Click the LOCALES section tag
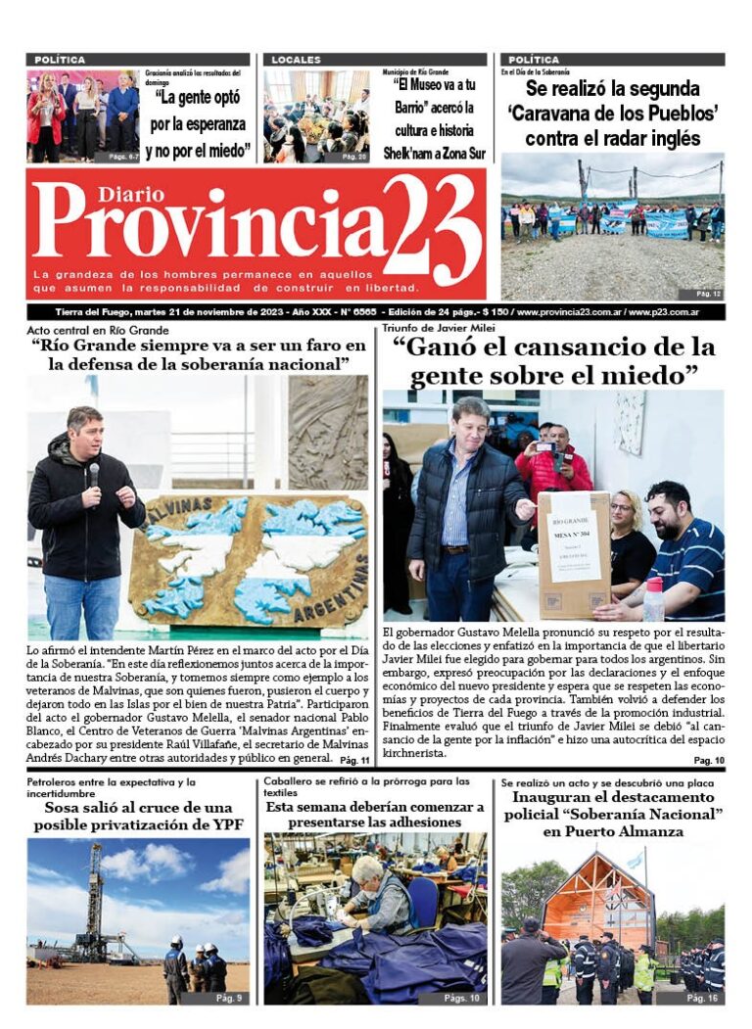(x=296, y=60)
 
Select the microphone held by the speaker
(x=94, y=475)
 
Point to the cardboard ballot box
(x=574, y=553)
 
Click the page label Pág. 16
(x=704, y=998)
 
